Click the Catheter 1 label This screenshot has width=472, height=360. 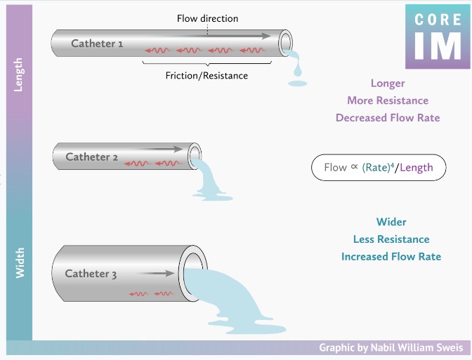click(x=97, y=44)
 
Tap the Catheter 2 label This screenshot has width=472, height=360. click(x=92, y=156)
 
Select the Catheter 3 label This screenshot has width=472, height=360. click(x=91, y=274)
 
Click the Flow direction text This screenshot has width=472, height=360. click(x=207, y=18)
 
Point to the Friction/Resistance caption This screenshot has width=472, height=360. click(x=206, y=75)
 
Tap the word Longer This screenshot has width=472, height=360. click(x=388, y=84)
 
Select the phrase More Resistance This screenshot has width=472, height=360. click(x=388, y=100)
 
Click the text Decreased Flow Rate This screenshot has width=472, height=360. click(x=388, y=117)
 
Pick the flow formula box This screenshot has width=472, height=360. click(x=379, y=168)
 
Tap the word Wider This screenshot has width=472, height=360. click(x=391, y=222)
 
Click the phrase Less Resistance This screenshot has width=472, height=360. click(x=391, y=239)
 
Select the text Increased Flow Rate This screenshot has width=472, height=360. click(x=391, y=256)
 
